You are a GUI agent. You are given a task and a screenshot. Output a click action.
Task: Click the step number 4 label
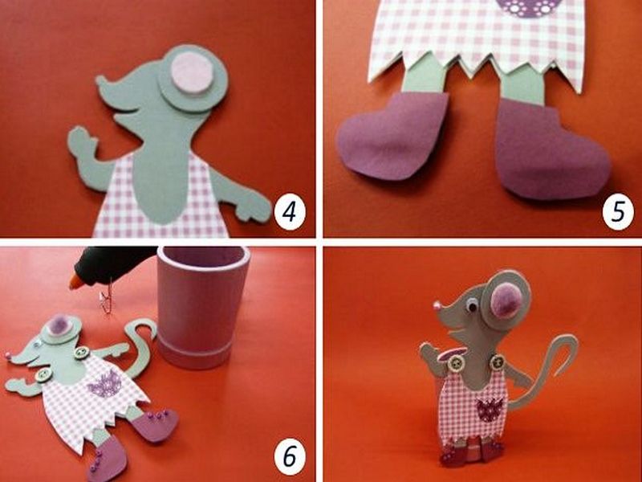(290, 211)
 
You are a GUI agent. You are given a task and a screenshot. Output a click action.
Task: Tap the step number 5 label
(618, 211)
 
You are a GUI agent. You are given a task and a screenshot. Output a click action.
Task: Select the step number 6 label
(290, 455)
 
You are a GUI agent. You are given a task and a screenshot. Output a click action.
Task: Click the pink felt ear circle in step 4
(192, 73)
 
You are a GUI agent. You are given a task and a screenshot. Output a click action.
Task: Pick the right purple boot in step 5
(551, 149)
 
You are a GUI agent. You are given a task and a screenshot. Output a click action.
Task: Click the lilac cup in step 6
(201, 307)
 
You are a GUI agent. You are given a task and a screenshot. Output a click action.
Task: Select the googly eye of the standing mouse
(472, 305)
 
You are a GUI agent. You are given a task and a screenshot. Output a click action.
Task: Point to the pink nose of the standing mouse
(437, 305)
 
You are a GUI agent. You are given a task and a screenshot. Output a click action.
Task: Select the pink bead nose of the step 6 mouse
(8, 354)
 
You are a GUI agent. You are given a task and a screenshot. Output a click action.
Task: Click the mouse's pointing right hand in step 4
(251, 207)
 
